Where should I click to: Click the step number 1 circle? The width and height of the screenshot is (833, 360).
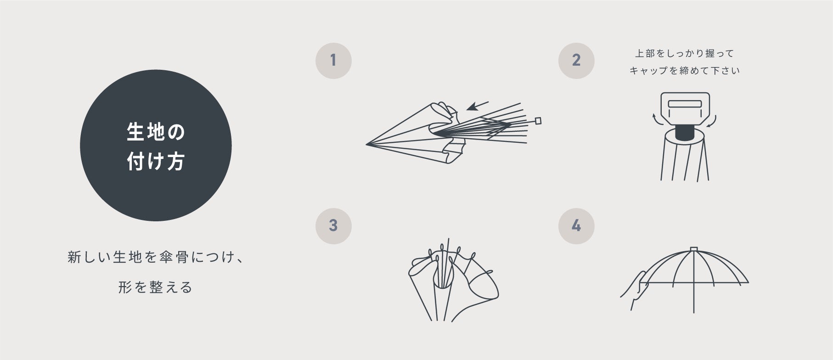tap(333, 60)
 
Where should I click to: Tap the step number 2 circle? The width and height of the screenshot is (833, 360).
tap(576, 60)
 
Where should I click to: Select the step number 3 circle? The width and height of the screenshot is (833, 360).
tap(333, 226)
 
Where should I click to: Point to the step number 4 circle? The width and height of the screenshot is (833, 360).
tap(576, 226)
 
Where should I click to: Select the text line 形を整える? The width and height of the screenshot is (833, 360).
tap(155, 287)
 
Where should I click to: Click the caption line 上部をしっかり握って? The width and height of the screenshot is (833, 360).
tap(684, 54)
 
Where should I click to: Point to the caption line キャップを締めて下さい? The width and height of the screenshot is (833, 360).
tap(684, 71)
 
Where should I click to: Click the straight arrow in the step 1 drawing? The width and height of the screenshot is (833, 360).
tap(477, 106)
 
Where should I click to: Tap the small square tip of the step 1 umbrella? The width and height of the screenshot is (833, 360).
tap(538, 121)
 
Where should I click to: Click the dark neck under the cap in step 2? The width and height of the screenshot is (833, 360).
tap(684, 133)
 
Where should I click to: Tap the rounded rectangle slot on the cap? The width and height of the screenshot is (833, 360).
tap(685, 104)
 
